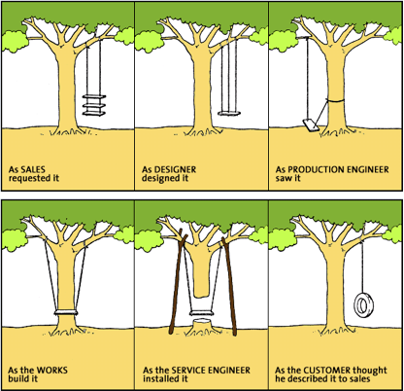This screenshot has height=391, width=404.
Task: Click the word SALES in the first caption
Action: [33, 169]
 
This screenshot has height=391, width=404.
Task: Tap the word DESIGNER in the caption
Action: [175, 169]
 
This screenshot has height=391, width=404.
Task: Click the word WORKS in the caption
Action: [52, 370]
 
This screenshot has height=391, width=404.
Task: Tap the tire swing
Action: [363, 305]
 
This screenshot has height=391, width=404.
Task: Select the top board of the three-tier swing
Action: [94, 96]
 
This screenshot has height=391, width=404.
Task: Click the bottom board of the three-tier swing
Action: [94, 113]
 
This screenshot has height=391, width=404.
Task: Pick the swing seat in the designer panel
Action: [229, 114]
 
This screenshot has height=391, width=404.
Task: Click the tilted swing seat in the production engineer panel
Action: [311, 125]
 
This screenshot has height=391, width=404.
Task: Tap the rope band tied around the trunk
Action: [336, 101]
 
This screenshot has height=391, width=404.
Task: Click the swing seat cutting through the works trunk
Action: [66, 312]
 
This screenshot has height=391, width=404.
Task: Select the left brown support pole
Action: [178, 284]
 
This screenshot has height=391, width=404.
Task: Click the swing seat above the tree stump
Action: [202, 313]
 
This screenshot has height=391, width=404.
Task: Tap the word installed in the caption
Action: [161, 378]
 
